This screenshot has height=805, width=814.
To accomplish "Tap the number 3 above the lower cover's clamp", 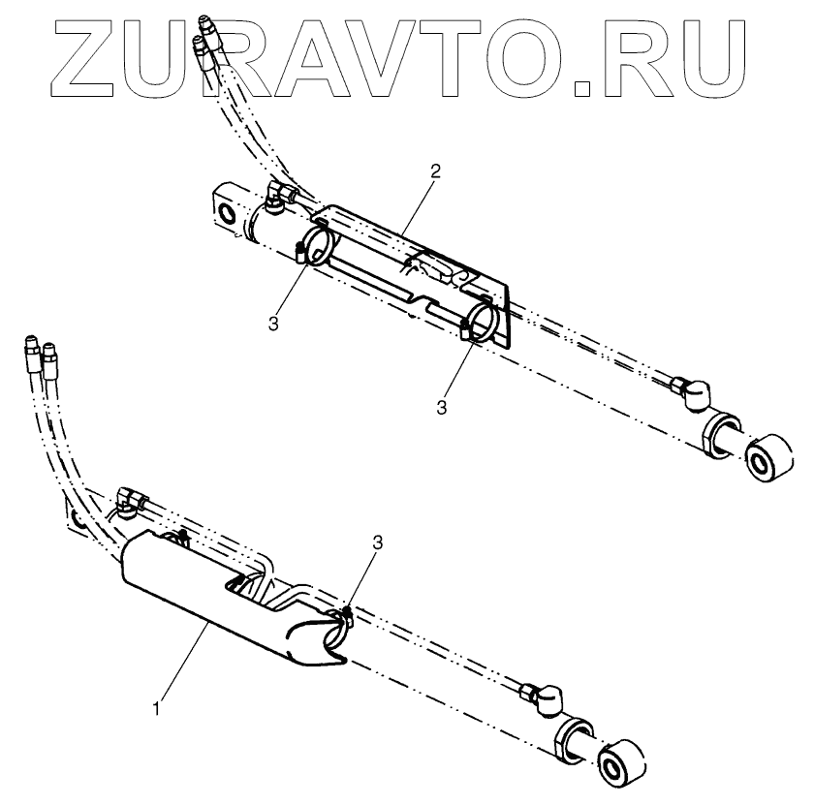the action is coord(377,544).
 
